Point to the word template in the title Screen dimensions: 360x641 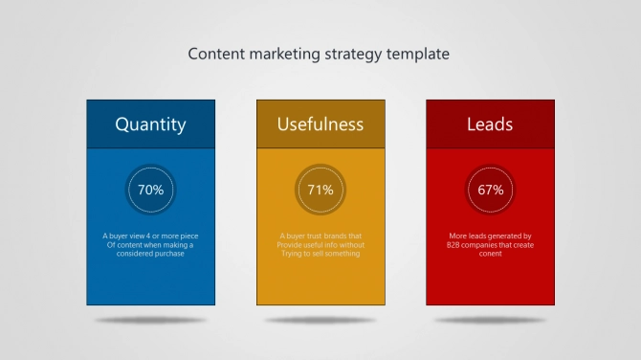pyautogui.click(x=418, y=55)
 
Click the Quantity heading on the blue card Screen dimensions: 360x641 pyautogui.click(x=150, y=124)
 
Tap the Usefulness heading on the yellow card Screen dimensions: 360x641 pyautogui.click(x=320, y=124)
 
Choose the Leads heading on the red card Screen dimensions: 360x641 pyautogui.click(x=490, y=124)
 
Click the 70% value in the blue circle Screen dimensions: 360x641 pyautogui.click(x=150, y=190)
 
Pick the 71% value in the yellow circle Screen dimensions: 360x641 pyautogui.click(x=320, y=190)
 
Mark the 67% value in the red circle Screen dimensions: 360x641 pyautogui.click(x=490, y=190)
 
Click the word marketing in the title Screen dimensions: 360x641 pyautogui.click(x=284, y=54)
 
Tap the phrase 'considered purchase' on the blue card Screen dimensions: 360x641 pyautogui.click(x=150, y=254)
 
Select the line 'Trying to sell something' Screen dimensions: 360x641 pyautogui.click(x=320, y=254)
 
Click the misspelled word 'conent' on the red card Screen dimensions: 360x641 pyautogui.click(x=490, y=254)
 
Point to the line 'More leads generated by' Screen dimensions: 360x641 pyautogui.click(x=490, y=236)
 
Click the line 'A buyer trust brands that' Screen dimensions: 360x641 pyautogui.click(x=320, y=236)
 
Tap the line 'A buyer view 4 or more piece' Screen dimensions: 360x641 pyautogui.click(x=150, y=236)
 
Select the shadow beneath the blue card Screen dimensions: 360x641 pyautogui.click(x=150, y=320)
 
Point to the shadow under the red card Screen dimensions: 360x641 pyautogui.click(x=490, y=320)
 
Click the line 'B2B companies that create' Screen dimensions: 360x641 pyautogui.click(x=490, y=245)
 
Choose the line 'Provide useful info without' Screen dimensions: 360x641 pyautogui.click(x=320, y=245)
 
